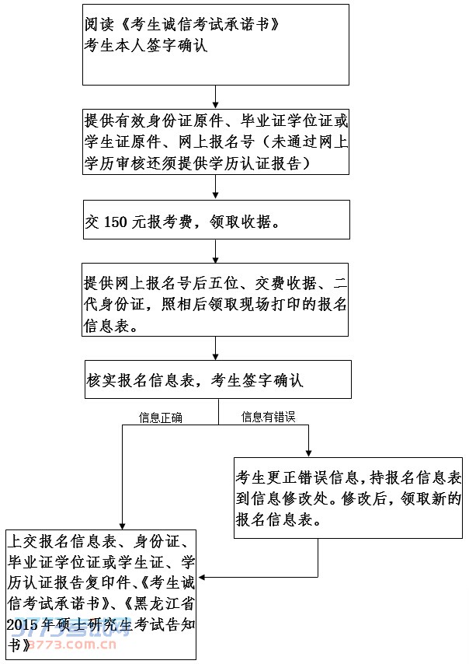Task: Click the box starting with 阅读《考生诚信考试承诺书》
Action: tap(216, 44)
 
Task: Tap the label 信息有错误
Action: tap(268, 418)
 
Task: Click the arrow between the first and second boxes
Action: tap(217, 97)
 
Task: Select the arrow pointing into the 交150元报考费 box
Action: tap(217, 189)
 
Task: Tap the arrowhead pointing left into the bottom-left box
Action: tap(203, 577)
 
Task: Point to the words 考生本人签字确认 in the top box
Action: tap(147, 46)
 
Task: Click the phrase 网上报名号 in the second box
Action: tap(217, 142)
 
